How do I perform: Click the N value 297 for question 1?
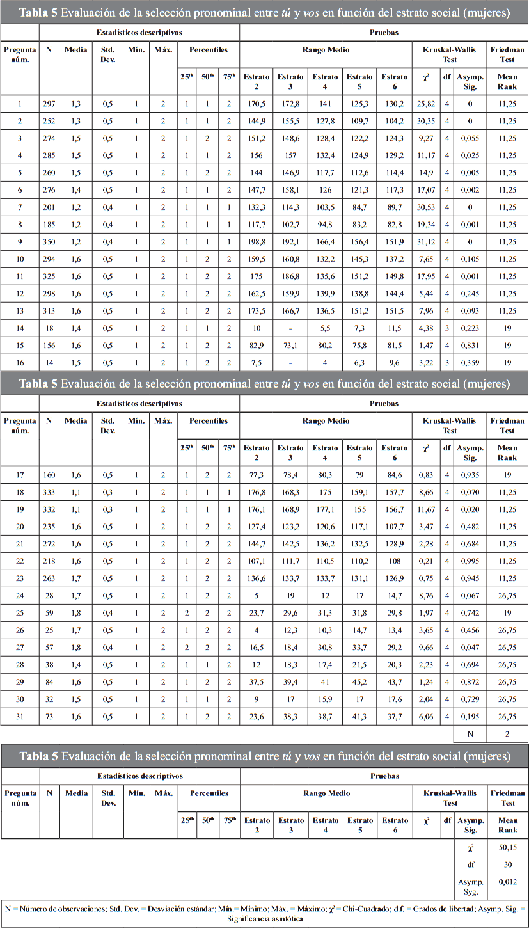(49, 104)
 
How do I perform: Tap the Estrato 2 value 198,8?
(257, 242)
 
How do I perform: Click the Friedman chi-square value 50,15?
(507, 847)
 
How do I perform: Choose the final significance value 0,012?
(507, 882)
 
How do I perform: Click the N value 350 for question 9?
(49, 242)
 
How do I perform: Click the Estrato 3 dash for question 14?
(290, 328)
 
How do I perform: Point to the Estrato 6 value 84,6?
(394, 475)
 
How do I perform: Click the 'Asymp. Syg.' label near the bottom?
(470, 886)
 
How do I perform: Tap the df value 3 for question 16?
(447, 363)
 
